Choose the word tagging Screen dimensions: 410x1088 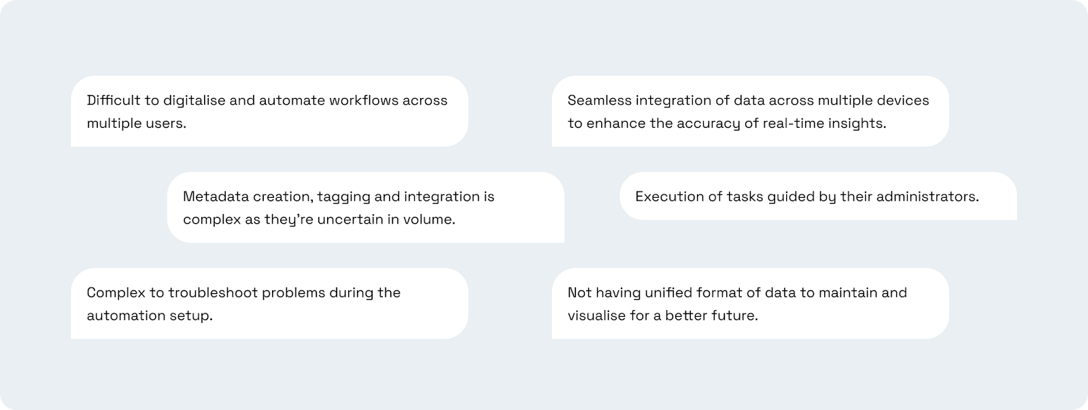343,197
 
